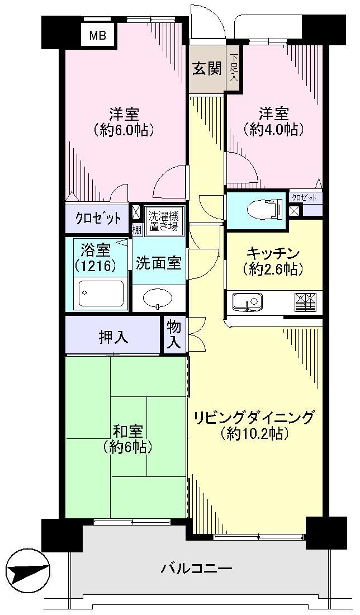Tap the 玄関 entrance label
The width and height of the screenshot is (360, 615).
tap(207, 69)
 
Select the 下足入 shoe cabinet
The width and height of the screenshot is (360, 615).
tap(233, 67)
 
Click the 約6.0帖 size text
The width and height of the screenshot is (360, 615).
tap(124, 130)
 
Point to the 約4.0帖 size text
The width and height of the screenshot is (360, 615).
tap(273, 129)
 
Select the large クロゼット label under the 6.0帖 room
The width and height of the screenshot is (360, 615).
tap(98, 219)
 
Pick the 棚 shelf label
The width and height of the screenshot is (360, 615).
tap(136, 229)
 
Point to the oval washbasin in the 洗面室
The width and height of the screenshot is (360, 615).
tap(159, 299)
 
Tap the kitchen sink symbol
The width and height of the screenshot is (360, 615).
tap(246, 302)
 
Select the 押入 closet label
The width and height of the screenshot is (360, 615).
tap(114, 337)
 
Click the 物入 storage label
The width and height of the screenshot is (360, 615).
tap(174, 335)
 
